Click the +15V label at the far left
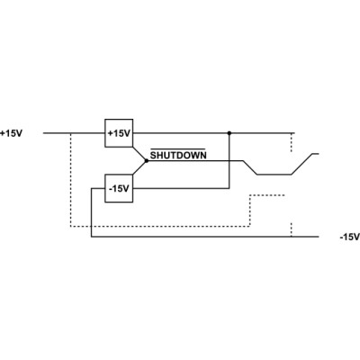tap(12, 133)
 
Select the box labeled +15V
tap(119, 133)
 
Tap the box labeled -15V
tap(119, 188)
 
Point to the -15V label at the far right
tap(349, 237)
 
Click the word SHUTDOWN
tap(178, 156)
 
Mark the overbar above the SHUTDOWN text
tap(177, 148)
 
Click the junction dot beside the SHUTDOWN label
tap(147, 161)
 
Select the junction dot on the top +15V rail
tap(229, 133)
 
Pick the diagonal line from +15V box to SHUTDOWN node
tap(139, 154)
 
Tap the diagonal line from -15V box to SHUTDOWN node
tap(139, 167)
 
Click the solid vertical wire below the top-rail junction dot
tap(229, 161)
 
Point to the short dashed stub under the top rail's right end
tap(291, 143)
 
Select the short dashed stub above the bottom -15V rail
tap(291, 229)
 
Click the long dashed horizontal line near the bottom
tap(160, 227)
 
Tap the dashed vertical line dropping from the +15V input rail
tap(70, 180)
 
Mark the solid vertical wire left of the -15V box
tap(91, 212)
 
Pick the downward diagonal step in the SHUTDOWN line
tap(250, 167)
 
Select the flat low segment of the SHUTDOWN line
tap(274, 175)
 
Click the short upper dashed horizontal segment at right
tap(267, 195)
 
